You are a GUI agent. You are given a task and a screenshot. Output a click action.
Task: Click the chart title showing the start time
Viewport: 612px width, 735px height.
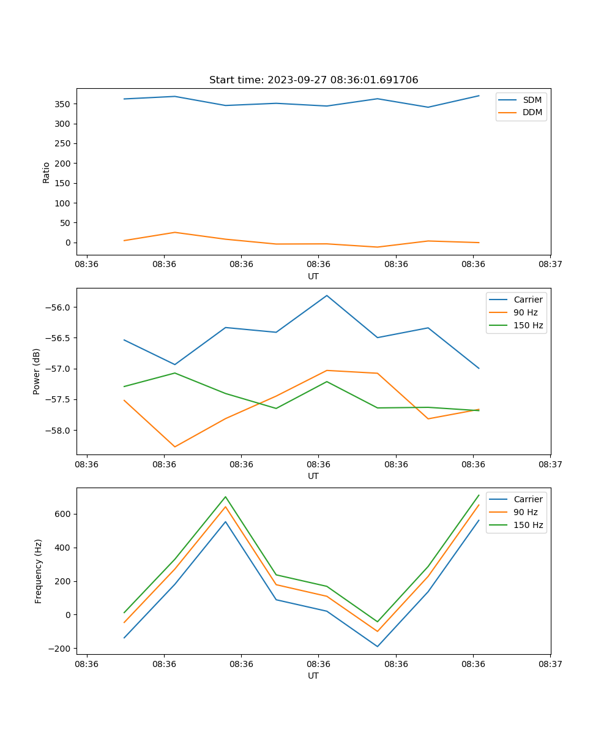tap(313, 80)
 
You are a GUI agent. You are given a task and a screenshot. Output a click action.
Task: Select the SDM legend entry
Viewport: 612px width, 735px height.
tap(532, 100)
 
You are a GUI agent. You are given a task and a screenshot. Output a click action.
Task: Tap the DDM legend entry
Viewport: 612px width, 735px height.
tap(532, 112)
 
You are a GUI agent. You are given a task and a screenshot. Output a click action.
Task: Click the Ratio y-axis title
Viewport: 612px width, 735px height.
tap(47, 171)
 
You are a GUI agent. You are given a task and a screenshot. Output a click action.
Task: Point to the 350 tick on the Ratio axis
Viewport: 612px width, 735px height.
tap(64, 104)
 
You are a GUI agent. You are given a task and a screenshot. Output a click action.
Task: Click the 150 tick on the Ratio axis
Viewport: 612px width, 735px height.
tap(64, 183)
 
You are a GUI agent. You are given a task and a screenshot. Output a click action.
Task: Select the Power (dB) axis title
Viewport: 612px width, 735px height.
tap(37, 371)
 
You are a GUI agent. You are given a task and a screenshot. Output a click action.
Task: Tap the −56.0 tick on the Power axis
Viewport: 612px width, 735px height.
tap(60, 307)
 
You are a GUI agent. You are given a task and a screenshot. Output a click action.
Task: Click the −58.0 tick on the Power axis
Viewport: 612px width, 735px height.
tap(60, 431)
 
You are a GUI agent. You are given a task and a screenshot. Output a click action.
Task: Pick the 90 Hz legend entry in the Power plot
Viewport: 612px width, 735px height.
tap(525, 312)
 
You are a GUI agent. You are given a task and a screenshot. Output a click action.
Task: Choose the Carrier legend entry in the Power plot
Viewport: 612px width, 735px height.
tap(528, 300)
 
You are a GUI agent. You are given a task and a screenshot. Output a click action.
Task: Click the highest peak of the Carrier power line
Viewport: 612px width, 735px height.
tap(327, 296)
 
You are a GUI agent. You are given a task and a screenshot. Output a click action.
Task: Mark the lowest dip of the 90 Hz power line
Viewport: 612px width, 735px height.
tap(175, 447)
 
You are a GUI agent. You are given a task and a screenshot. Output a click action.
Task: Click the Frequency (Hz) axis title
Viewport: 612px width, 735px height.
tap(39, 571)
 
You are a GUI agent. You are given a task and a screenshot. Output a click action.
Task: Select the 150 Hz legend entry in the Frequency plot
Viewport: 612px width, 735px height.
tap(528, 525)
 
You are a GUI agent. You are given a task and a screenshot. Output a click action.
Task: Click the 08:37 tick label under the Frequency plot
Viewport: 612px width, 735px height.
tap(550, 663)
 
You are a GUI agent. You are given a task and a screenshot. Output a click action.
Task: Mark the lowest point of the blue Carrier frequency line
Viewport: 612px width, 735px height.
tap(378, 646)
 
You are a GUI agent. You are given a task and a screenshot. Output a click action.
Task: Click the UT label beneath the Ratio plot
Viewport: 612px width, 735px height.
tap(313, 276)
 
